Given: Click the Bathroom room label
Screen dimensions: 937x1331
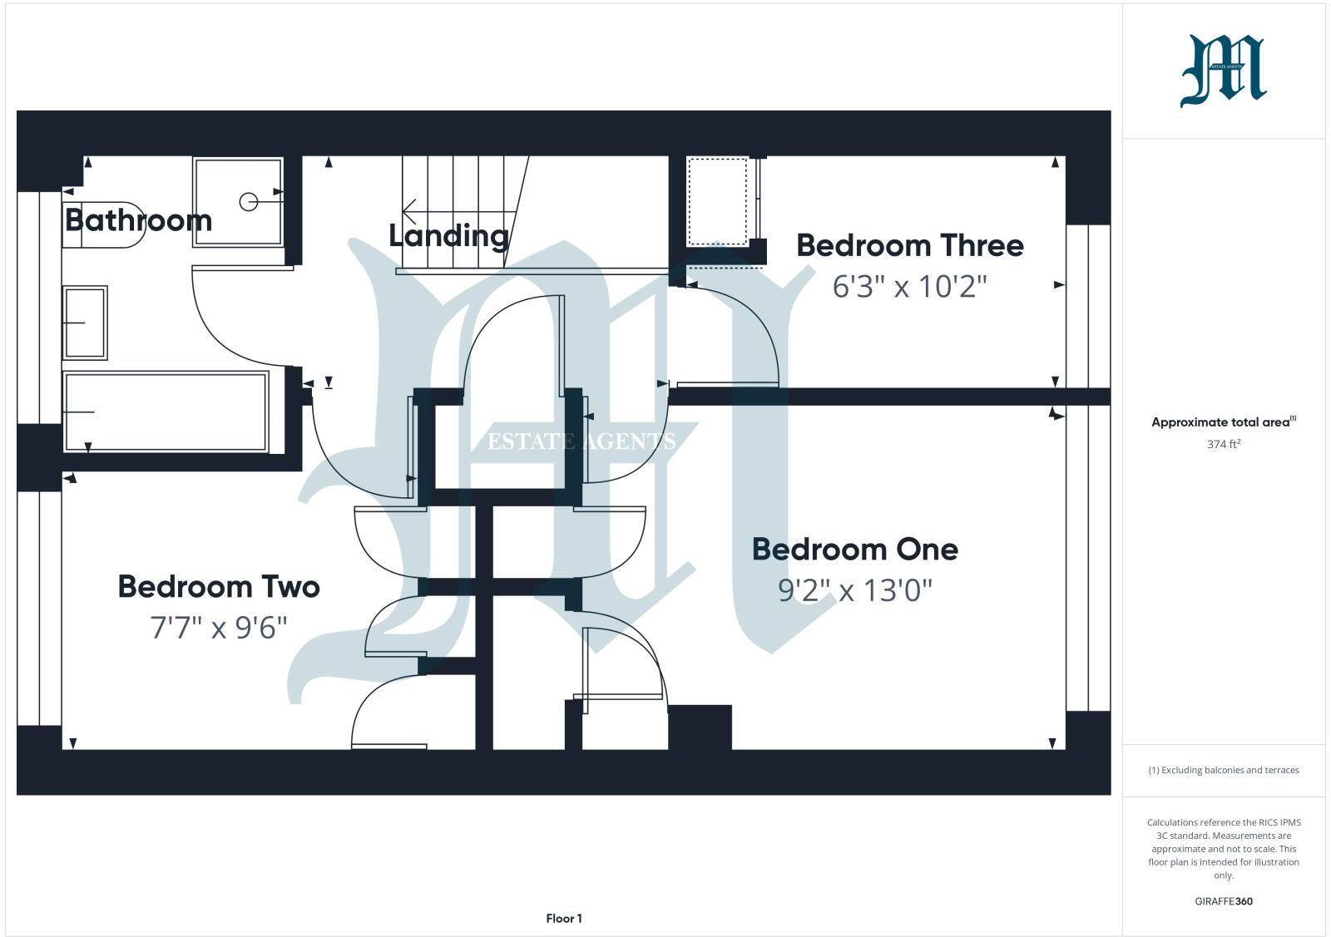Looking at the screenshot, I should point(138,220).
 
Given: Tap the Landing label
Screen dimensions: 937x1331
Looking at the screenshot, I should point(448,236).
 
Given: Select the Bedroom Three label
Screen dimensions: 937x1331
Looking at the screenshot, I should point(909,245).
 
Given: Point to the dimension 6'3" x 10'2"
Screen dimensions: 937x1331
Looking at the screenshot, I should point(909,287).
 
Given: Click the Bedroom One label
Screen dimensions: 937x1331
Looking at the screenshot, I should point(854,550).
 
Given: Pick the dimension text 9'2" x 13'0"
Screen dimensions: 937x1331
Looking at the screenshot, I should point(854,590).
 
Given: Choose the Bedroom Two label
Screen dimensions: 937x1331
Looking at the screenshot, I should point(219,587).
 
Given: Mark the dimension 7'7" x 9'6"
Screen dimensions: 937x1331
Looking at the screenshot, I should point(219,627).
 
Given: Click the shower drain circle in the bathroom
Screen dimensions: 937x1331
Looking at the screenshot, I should point(248,201).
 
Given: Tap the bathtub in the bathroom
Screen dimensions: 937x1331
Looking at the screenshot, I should point(166,412).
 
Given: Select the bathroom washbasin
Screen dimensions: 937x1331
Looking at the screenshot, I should point(85,323).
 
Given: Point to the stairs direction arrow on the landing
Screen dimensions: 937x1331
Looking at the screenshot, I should point(409,210).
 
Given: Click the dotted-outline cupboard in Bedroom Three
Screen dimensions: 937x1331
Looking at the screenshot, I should point(718,202).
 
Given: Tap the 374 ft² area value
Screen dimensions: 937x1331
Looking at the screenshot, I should point(1223,445).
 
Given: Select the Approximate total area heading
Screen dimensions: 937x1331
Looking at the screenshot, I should point(1223,422).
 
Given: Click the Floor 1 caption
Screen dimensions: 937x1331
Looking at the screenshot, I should point(564,919).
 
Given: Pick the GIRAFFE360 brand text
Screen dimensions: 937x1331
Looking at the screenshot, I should point(1223,901).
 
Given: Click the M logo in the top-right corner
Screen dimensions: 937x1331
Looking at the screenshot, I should point(1223,72).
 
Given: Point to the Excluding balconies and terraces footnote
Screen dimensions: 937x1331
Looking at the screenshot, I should point(1223,770).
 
